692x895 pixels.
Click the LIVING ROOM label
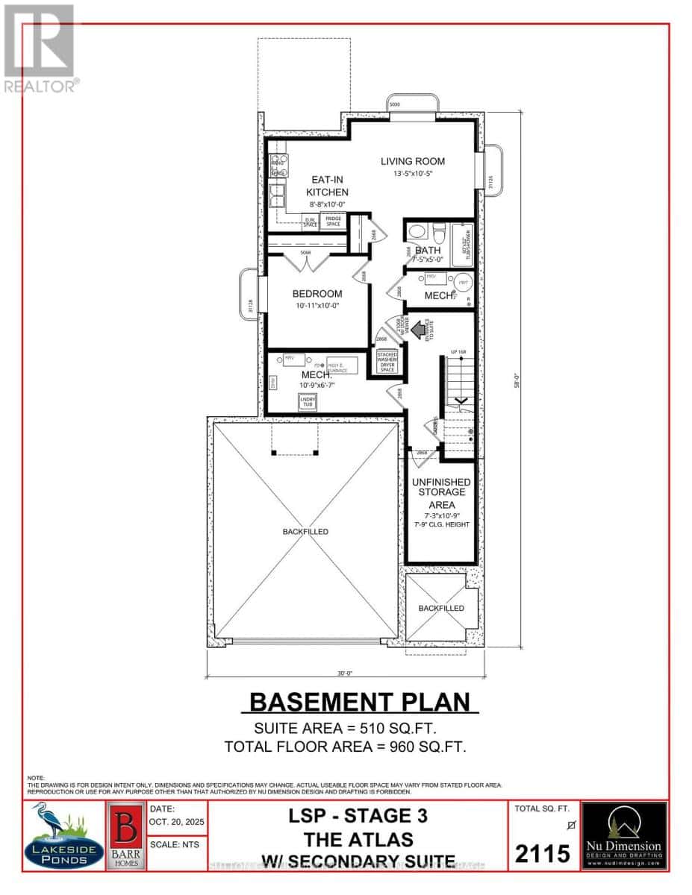[x=412, y=161]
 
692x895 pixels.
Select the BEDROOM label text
[x=317, y=293]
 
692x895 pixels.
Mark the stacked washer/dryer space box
[x=387, y=361]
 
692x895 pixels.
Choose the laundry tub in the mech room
[x=308, y=402]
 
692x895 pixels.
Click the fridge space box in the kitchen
[x=332, y=221]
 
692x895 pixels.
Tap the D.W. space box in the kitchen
[x=310, y=222]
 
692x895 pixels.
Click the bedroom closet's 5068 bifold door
[x=306, y=259]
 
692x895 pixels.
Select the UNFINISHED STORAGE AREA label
[x=441, y=493]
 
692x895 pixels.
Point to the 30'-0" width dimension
[x=344, y=673]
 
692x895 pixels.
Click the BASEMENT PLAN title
[x=360, y=702]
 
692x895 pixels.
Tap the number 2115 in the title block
[x=543, y=852]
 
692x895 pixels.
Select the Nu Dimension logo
[x=624, y=835]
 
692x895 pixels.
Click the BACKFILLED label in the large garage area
[x=305, y=532]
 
